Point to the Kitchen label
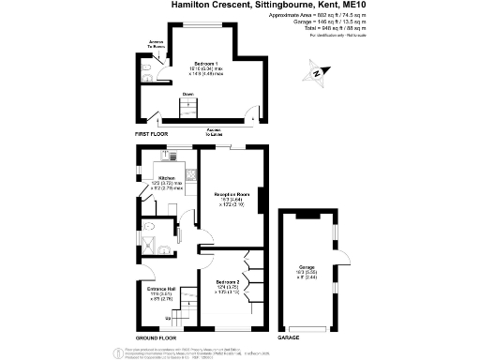(166, 177)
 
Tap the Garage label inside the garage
(307, 267)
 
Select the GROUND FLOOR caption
(157, 337)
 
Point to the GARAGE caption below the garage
(289, 337)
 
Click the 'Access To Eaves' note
(215, 132)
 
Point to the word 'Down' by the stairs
(187, 95)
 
